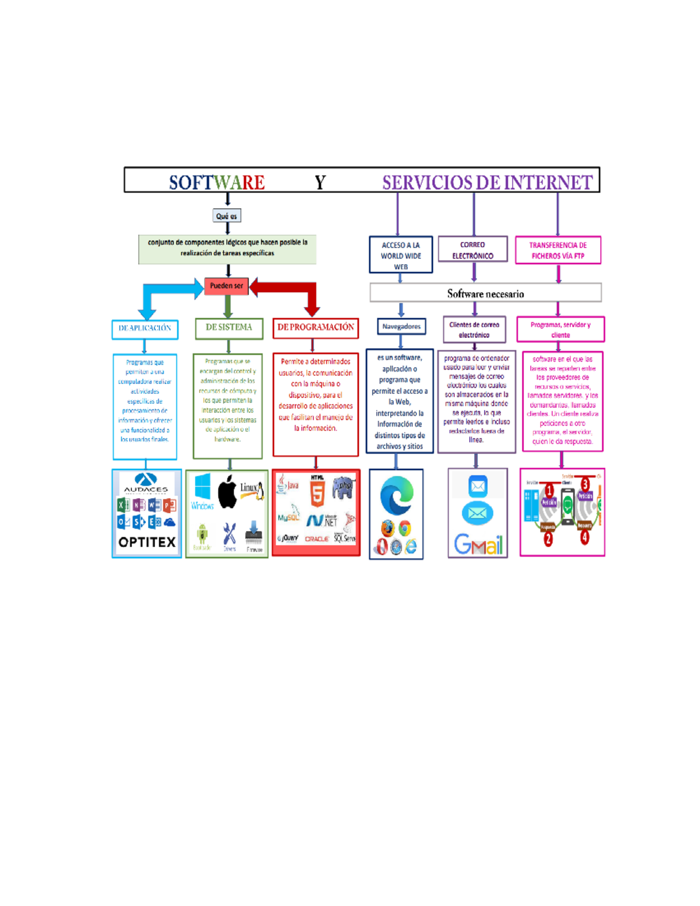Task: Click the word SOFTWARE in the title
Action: point(216,183)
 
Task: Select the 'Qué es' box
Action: point(227,216)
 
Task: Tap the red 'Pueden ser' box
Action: point(226,286)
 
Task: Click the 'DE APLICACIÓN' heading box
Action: point(145,328)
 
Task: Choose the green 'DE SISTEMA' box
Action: point(229,328)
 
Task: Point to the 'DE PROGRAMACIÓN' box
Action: point(316,328)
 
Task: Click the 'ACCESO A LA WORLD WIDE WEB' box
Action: point(401,256)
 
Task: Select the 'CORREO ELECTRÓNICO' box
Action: point(473,250)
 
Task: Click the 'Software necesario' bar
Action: point(485,293)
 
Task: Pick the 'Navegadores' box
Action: point(401,327)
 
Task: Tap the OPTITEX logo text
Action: point(147,543)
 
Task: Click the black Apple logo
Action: point(228,492)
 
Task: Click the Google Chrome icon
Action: point(404,529)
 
